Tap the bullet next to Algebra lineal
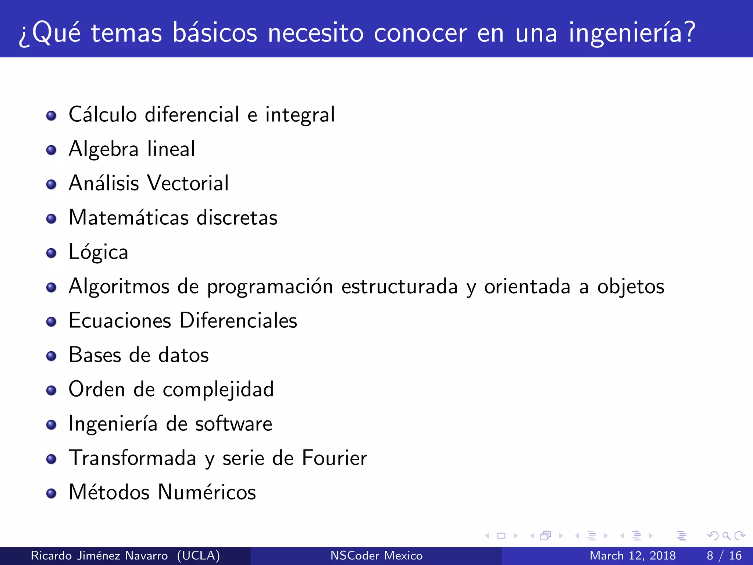tap(51, 150)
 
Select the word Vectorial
tap(188, 183)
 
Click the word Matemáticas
tap(128, 217)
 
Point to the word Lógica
tap(98, 252)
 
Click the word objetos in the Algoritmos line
tap(630, 287)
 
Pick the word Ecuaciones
tap(120, 320)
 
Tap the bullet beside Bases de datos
tap(51, 356)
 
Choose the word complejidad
tap(218, 390)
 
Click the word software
tap(233, 424)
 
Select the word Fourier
tap(334, 458)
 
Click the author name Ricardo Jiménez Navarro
tap(99, 555)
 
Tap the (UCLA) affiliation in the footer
tap(198, 555)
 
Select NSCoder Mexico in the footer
tap(376, 555)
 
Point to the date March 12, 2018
tap(632, 555)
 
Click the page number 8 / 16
tap(724, 555)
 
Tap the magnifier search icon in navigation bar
tap(726, 536)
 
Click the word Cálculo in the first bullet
tap(103, 114)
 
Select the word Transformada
tap(132, 458)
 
